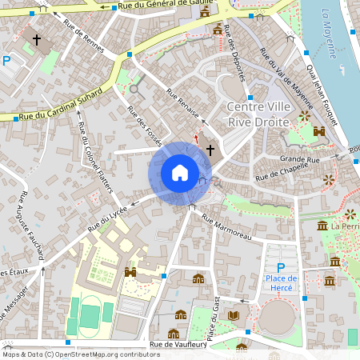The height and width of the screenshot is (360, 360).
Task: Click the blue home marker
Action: click(x=180, y=173)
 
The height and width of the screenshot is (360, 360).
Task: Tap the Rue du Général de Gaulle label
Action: click(x=163, y=6)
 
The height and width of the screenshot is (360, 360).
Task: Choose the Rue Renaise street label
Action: click(x=182, y=104)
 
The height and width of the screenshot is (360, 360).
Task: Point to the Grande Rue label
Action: click(x=299, y=158)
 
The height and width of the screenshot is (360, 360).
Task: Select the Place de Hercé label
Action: click(x=281, y=283)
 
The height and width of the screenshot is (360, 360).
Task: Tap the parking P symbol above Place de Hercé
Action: click(x=280, y=268)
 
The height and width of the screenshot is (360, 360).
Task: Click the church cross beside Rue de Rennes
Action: click(x=36, y=39)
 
